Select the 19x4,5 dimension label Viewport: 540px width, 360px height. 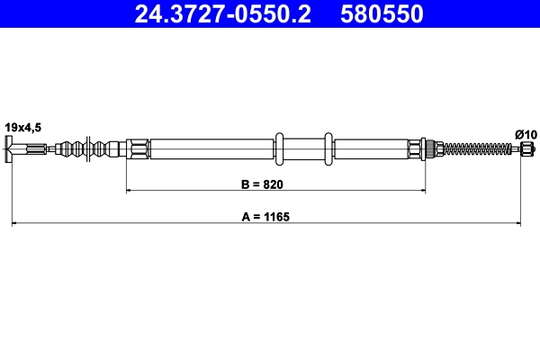(23, 127)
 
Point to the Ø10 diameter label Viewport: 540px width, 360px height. (526, 134)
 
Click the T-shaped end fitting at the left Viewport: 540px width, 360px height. (13, 149)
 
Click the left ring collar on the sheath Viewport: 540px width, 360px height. (279, 148)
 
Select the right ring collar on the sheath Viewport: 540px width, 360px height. (328, 148)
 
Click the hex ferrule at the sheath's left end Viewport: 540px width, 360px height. (138, 148)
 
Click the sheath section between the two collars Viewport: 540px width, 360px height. (303, 148)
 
